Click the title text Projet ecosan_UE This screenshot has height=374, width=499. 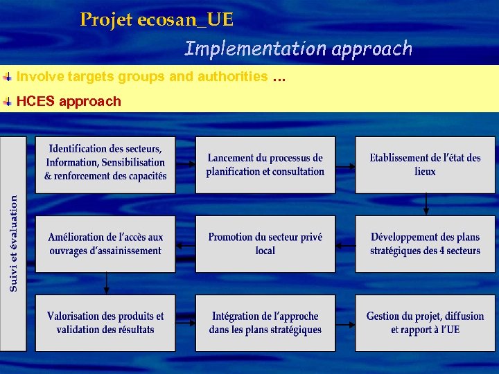tap(157, 20)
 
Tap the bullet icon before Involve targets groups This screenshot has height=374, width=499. tap(7, 76)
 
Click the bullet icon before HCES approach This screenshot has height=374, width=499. tap(7, 101)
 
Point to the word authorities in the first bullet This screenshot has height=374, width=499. tap(232, 76)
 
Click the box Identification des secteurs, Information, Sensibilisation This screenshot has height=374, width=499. tap(105, 163)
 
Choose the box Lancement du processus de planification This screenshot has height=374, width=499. tap(265, 165)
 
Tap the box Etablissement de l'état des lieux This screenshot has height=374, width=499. tap(425, 165)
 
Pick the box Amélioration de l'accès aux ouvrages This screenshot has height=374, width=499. tap(105, 244)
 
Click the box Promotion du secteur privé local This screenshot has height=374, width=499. tap(265, 244)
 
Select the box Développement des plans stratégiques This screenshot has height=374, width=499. tap(425, 244)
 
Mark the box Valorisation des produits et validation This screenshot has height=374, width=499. tap(105, 323)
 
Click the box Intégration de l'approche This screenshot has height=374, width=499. tap(265, 323)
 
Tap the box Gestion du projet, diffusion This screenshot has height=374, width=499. tap(425, 323)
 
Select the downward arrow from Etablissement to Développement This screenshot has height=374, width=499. tap(426, 204)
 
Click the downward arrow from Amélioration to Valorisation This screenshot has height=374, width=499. tap(106, 283)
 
